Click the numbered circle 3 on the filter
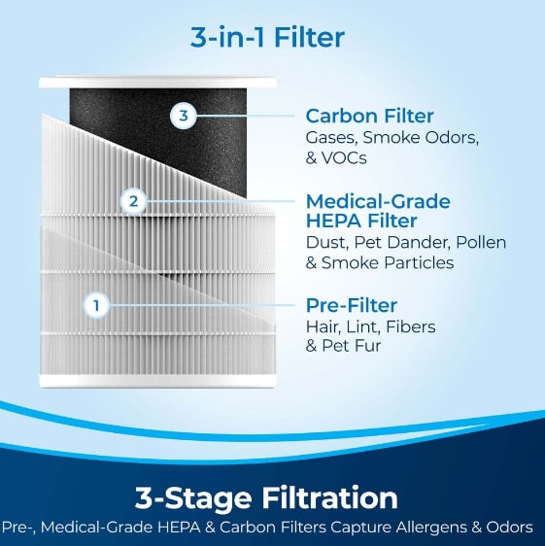[184, 116]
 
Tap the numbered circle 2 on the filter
[134, 201]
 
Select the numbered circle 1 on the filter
[96, 305]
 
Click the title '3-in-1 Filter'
[267, 37]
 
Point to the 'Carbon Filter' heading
[369, 116]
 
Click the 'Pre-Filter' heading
[352, 305]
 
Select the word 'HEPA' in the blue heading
[334, 222]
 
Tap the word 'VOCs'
[344, 158]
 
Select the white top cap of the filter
[158, 82]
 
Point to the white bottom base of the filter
[157, 382]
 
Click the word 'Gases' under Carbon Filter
[332, 138]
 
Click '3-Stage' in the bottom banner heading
[193, 498]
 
